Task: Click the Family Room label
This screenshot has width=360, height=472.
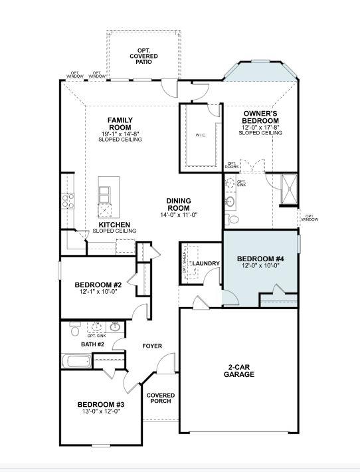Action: [x=120, y=124]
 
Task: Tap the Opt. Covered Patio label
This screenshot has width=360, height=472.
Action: [x=143, y=57]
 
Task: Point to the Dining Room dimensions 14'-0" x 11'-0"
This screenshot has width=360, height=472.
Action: [x=179, y=215]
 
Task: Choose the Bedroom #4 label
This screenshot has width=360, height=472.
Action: [x=260, y=258]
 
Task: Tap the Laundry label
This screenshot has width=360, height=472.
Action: [x=206, y=264]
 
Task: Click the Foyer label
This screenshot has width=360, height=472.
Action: [x=152, y=346]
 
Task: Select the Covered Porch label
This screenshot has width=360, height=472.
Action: [x=160, y=398]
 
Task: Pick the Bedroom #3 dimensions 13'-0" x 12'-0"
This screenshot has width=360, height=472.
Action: [x=100, y=412]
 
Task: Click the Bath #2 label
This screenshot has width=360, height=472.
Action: [x=92, y=344]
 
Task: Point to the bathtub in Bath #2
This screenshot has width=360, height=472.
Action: [x=76, y=362]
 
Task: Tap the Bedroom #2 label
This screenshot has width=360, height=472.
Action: [x=96, y=285]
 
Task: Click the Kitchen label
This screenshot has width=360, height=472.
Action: [x=114, y=225]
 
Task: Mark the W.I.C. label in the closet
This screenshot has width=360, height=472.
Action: [x=201, y=136]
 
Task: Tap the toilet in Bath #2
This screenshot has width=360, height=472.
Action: [x=75, y=330]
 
